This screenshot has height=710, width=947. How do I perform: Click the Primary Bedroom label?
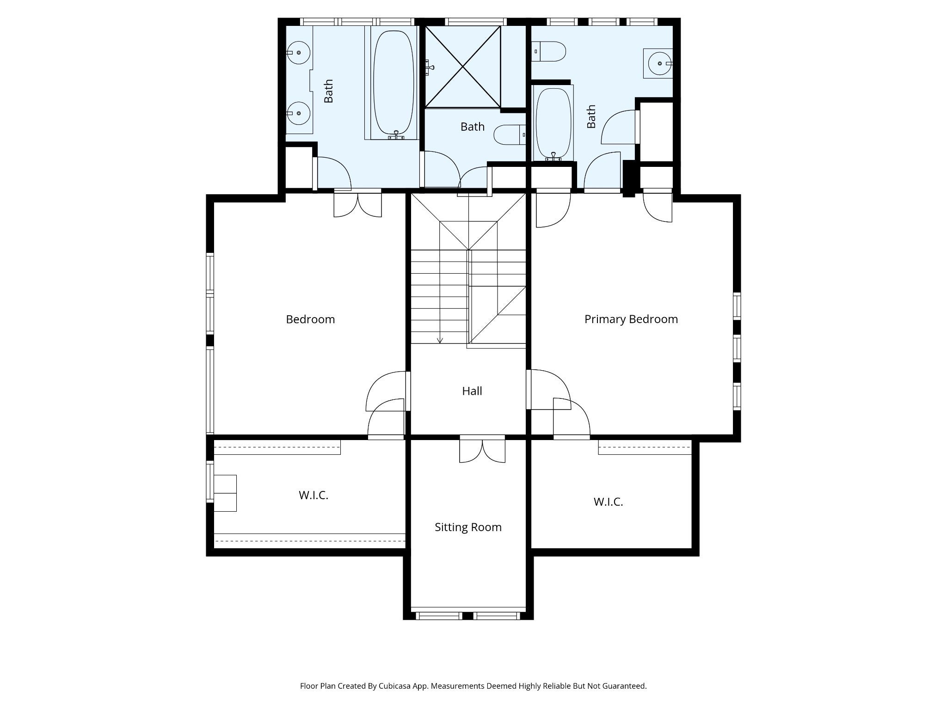click(x=631, y=319)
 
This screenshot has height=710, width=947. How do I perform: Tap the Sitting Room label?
click(x=468, y=527)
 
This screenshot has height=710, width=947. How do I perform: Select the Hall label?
click(x=472, y=391)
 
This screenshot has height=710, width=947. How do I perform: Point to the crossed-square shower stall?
click(x=463, y=67)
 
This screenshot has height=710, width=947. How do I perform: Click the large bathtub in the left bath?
click(x=393, y=83)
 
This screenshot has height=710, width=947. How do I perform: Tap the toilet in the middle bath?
click(x=510, y=135)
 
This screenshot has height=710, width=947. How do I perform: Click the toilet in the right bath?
click(x=549, y=51)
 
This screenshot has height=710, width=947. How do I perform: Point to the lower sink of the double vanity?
click(x=299, y=113)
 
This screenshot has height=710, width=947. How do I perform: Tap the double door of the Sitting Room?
click(x=482, y=449)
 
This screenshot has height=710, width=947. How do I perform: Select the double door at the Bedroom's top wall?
click(x=358, y=203)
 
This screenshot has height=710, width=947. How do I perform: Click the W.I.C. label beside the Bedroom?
click(x=314, y=495)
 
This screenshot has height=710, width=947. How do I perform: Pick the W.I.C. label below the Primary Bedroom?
click(x=609, y=502)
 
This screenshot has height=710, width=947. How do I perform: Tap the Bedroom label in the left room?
click(x=310, y=319)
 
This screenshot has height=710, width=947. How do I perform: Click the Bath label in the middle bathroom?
click(x=473, y=127)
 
